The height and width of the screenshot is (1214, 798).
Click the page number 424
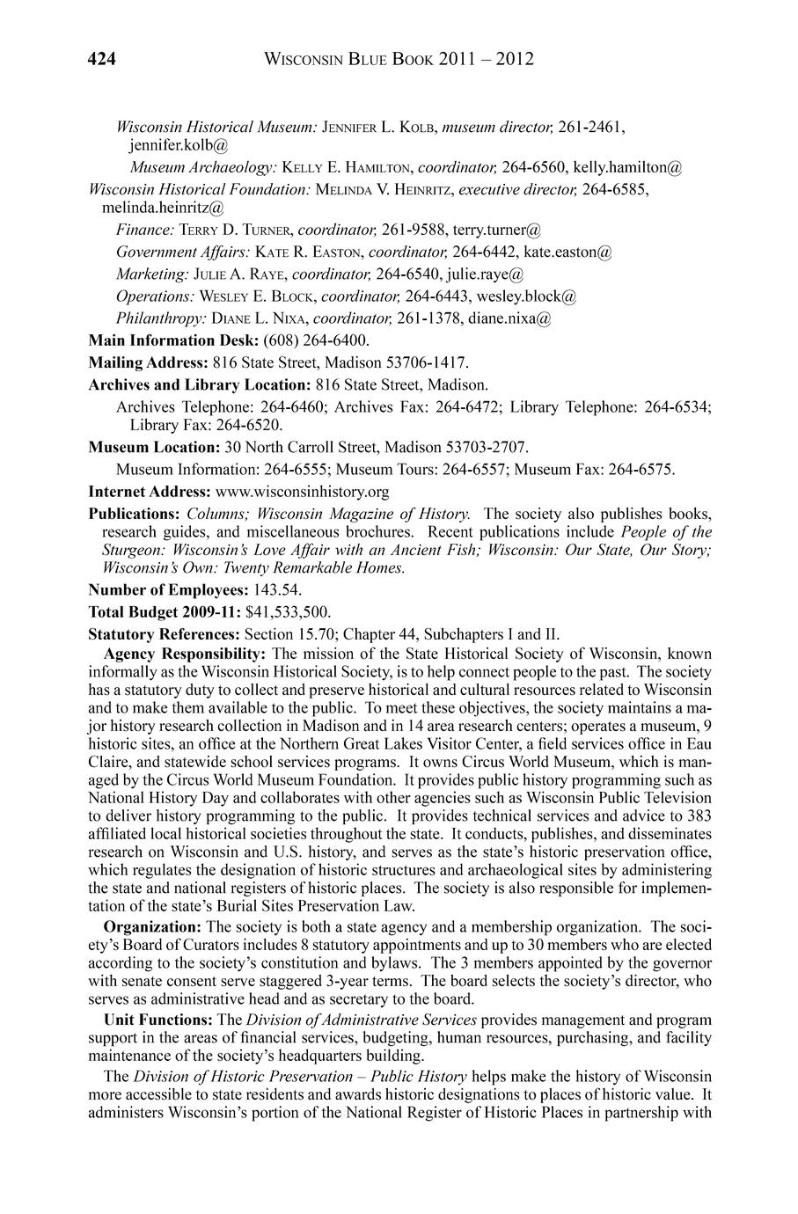tap(103, 60)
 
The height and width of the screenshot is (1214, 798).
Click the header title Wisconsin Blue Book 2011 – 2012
tap(399, 60)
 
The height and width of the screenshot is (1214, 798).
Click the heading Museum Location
tap(154, 447)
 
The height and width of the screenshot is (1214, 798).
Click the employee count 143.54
tap(278, 589)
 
